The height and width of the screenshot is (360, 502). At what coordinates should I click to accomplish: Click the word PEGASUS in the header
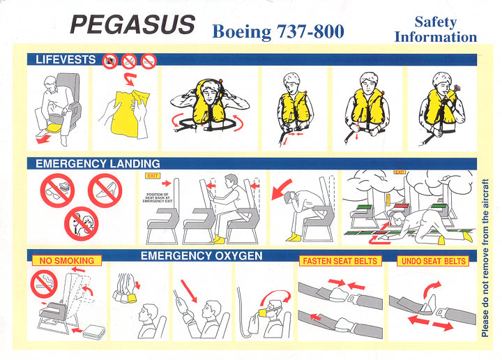tap(132, 25)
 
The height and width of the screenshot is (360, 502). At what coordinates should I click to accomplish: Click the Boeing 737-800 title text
tap(277, 31)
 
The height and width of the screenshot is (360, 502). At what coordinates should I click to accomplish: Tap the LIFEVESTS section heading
tap(66, 61)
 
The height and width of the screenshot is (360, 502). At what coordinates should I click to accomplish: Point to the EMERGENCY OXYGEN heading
tap(201, 256)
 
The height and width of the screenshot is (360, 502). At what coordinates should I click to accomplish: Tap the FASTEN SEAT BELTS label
tap(339, 261)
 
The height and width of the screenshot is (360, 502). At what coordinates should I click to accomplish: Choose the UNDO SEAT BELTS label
tap(433, 261)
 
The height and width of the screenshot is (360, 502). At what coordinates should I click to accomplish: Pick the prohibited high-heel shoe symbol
tap(105, 190)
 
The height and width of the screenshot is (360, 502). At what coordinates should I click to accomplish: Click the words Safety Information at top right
tap(436, 29)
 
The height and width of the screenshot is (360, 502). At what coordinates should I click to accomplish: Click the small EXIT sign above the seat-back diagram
tap(153, 182)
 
